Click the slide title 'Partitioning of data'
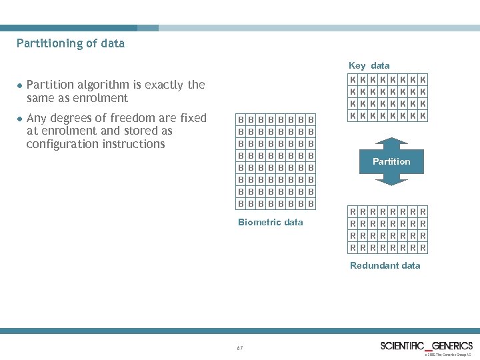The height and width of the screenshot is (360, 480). [71, 44]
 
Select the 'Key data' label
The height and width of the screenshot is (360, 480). [369, 65]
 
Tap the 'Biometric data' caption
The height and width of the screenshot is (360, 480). [270, 222]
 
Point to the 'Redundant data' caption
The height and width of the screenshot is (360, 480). [385, 265]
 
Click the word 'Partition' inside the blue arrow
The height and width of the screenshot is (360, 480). [391, 161]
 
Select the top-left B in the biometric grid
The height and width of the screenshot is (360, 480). [241, 119]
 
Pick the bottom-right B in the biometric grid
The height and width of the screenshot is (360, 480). [311, 203]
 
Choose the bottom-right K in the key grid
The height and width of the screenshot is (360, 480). [423, 116]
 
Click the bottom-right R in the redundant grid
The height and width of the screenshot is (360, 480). [423, 248]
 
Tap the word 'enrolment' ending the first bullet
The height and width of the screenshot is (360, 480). [103, 98]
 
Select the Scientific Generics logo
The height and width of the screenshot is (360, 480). [426, 345]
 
